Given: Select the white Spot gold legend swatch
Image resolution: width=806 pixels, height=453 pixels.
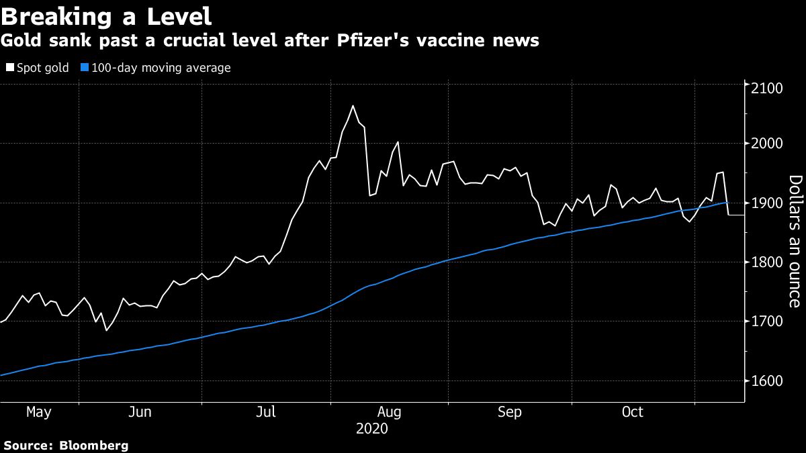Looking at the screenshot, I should pos(9,68).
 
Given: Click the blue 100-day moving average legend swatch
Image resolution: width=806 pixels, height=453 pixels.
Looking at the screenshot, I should pos(85,68).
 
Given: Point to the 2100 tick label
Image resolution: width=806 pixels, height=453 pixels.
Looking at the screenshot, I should pos(765,88).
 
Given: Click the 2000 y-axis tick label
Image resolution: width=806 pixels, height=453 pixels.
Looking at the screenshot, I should pos(765,144).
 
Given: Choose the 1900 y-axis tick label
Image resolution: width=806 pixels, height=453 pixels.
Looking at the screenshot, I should pos(765,203).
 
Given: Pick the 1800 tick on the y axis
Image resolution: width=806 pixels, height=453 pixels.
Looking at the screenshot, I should pos(765,262).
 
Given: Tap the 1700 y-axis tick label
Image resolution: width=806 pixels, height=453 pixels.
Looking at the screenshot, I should pos(765,321).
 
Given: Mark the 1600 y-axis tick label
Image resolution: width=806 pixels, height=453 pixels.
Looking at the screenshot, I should pos(765,381).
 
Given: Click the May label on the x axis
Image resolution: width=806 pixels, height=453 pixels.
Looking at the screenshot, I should pos(39,412).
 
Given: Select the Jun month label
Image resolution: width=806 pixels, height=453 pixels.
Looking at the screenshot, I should pos(140,412).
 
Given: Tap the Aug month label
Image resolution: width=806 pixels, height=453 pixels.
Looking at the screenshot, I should pos(390,412).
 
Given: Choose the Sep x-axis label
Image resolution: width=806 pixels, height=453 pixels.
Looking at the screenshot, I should pos(510,412).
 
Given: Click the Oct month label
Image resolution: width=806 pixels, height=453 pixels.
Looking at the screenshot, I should pos(633,412).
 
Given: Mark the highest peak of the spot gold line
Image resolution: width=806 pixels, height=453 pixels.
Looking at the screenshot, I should pos(353,105).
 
